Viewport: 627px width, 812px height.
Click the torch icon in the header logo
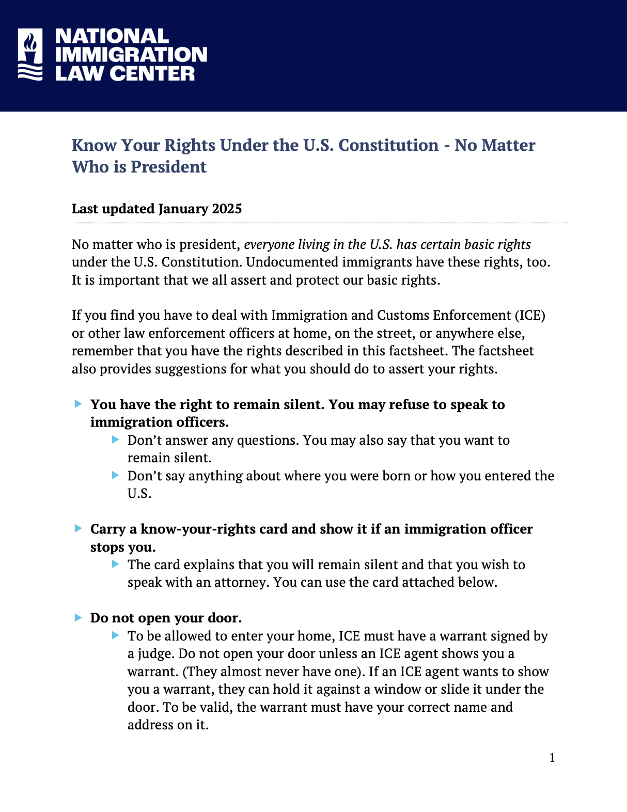click(x=30, y=54)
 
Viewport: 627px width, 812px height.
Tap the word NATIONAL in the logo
click(x=112, y=36)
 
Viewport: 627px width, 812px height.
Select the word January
click(x=183, y=209)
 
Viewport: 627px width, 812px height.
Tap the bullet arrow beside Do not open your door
click(x=79, y=617)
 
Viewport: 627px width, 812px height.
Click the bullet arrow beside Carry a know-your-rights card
click(x=79, y=528)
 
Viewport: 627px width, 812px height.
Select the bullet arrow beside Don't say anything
click(x=116, y=475)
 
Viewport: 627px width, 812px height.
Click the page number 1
click(x=552, y=758)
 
